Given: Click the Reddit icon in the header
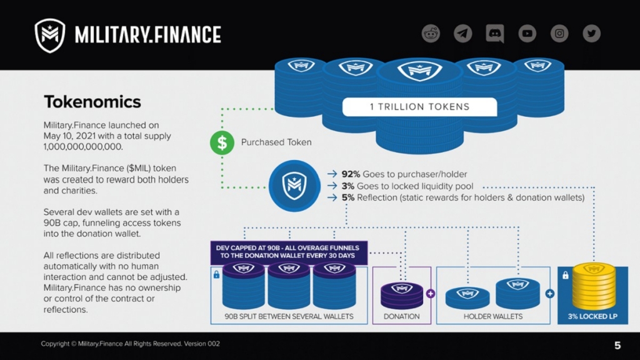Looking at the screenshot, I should pos(431,33).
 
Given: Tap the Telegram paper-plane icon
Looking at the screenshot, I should pos(462,33).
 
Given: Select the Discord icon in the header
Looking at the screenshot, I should pos(495,33).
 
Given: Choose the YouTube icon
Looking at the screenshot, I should pos(527,33).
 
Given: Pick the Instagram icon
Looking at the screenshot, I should pos(559,33).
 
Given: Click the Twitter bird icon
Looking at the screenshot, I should pos(591,33).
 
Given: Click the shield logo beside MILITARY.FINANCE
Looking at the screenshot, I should pos(49,35).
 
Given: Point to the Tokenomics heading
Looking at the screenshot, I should pos(92,102).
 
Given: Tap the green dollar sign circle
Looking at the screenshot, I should pos(222,142).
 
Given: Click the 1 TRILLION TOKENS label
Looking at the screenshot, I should pos(419,106).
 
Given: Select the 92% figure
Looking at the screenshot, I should pos(351,174).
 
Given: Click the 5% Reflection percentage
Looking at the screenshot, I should pos(349,198).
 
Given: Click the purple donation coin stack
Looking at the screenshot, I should pos(401,294).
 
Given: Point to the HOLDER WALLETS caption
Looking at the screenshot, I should pos(493,316).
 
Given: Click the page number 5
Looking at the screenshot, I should pos(617,345).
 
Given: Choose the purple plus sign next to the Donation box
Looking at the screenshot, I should pos(430,293).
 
